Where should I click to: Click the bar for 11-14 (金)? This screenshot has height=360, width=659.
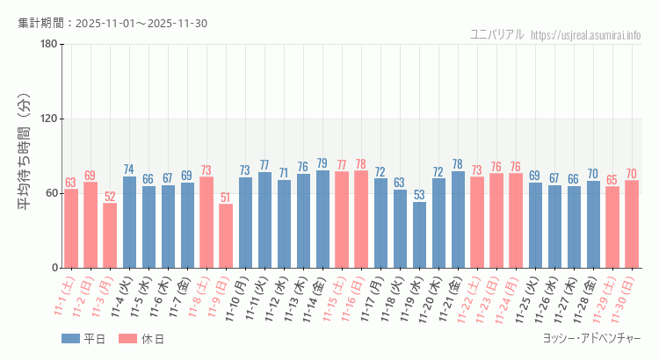tap(322, 220)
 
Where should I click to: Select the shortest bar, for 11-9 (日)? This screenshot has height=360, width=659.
tap(226, 236)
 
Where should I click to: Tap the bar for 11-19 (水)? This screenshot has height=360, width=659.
tap(419, 235)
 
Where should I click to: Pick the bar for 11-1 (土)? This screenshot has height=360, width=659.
tap(71, 228)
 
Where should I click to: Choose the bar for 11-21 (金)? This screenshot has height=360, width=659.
tap(458, 220)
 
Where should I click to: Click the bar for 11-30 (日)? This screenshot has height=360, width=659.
tap(632, 224)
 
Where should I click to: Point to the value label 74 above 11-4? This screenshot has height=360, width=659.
tap(129, 169)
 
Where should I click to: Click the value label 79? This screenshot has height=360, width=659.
tap(322, 163)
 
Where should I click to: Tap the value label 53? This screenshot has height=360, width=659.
tap(419, 195)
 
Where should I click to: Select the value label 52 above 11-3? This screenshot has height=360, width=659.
tap(110, 197)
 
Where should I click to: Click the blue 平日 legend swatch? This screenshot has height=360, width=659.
tap(70, 339)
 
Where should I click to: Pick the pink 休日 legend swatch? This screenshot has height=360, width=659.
tap(128, 339)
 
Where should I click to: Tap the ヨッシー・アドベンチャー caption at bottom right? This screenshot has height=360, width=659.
tap(591, 339)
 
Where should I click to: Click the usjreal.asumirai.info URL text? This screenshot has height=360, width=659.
tap(599, 35)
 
